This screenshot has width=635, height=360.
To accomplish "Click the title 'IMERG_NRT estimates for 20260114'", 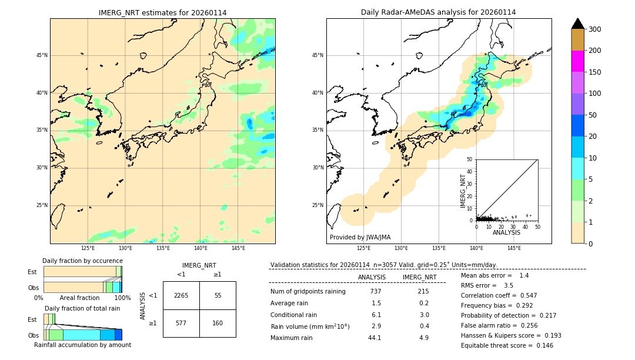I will (162, 12).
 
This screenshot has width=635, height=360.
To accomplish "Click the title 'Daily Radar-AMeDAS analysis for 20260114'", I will (438, 12).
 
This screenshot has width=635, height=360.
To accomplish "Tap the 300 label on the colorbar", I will (594, 29).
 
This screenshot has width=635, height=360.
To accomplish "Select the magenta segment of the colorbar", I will (578, 61).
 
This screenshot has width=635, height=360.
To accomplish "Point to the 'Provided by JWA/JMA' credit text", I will (360, 238).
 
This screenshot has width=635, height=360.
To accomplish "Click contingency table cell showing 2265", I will (181, 295).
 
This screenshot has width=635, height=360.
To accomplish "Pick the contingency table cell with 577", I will (181, 323).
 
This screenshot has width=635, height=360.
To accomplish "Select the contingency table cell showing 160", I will (218, 323).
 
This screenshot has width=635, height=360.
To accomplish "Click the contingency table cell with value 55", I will (218, 295).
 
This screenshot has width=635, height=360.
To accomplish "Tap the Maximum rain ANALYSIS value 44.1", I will (375, 338).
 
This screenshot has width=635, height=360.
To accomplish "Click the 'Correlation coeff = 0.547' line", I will (499, 295).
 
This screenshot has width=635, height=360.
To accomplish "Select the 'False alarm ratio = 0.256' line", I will (499, 325).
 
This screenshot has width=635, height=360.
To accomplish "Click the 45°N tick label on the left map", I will (42, 55).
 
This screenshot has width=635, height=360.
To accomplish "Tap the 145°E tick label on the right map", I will (514, 248).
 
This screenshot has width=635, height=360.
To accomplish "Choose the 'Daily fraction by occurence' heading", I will (82, 261).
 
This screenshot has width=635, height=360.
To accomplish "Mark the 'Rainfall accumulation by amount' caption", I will (82, 345).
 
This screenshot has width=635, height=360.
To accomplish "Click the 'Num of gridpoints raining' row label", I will (308, 292).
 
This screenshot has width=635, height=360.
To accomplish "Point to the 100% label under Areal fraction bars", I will (122, 298).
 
